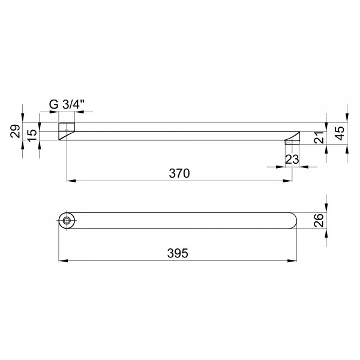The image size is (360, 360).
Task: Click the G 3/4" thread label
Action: pos(67,104)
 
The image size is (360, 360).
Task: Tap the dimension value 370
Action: pos(179,173)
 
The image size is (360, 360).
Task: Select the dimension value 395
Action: pos(178,253)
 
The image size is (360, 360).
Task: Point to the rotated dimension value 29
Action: pos(15,131)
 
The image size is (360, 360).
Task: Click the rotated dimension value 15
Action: pos(32,136)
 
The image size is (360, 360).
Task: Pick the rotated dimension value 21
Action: pos(319,137)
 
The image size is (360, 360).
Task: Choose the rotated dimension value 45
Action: pos(340,133)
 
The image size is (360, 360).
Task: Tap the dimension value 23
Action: pos(292,160)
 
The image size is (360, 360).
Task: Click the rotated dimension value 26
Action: pos(319,220)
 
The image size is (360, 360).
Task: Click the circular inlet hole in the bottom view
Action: pos(67,221)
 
